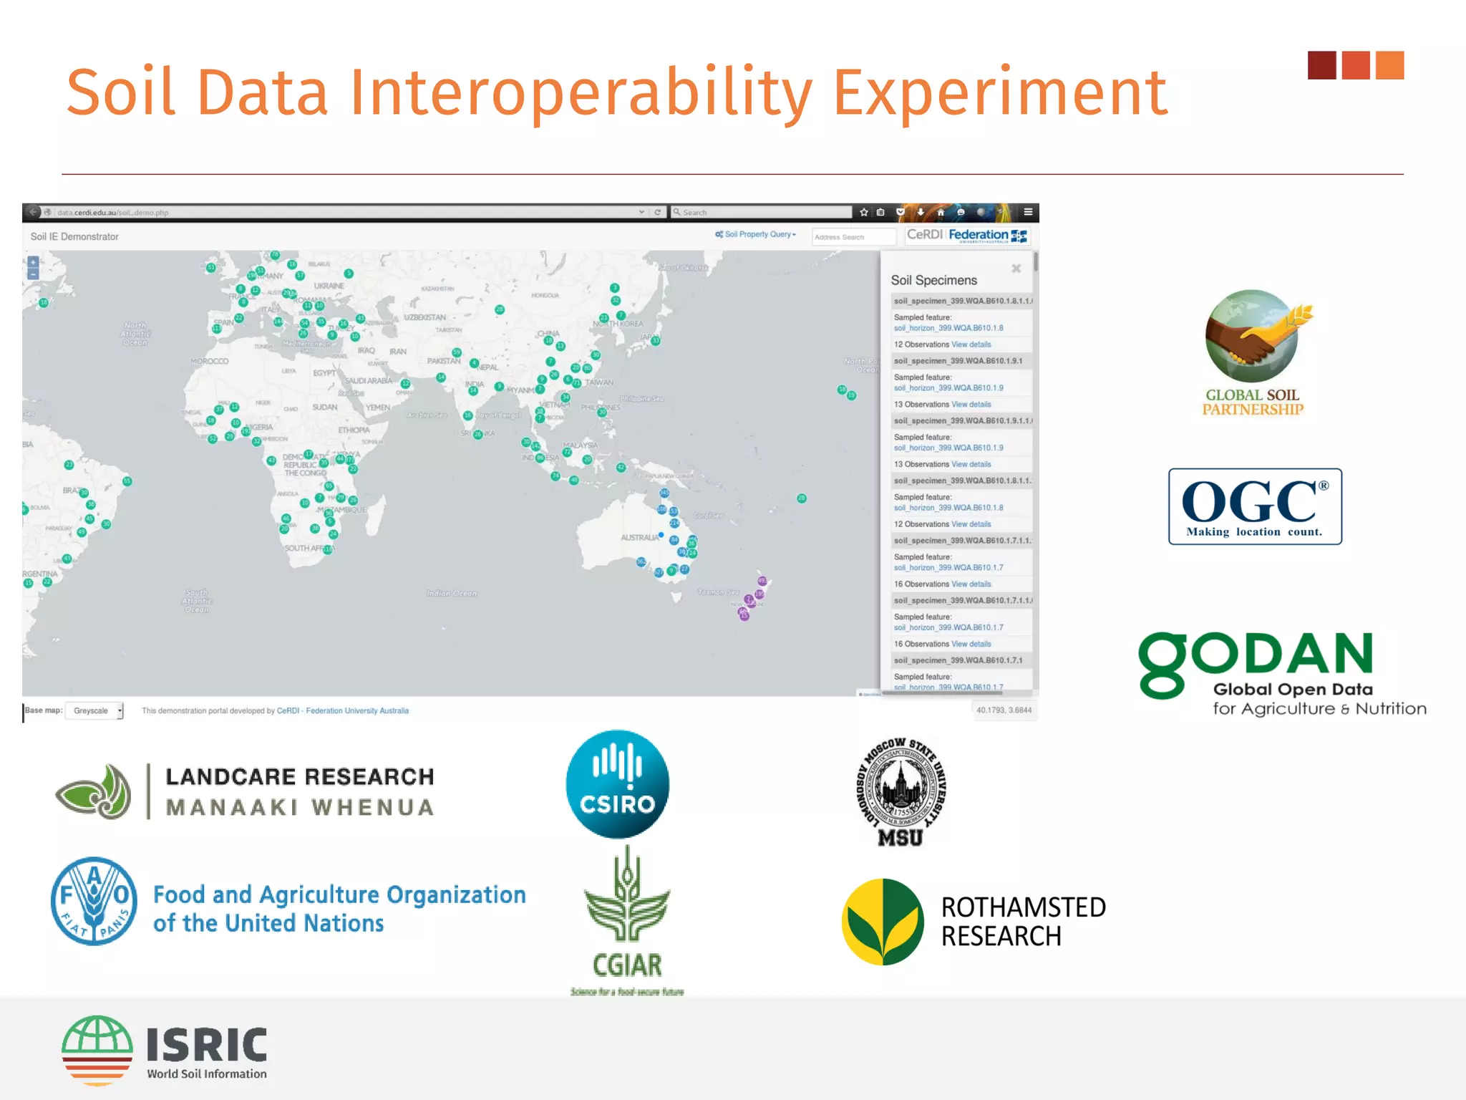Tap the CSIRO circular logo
618,784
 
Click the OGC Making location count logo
1255,506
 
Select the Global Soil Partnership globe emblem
1251,335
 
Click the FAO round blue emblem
94,901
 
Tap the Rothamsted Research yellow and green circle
883,922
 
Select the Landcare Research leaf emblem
94,791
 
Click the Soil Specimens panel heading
933,280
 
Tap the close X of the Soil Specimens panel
1016,269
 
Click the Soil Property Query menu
756,234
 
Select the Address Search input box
853,237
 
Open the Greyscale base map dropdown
94,710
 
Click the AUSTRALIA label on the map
639,537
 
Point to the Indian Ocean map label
451,593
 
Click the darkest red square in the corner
1321,65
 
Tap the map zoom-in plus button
33,262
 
